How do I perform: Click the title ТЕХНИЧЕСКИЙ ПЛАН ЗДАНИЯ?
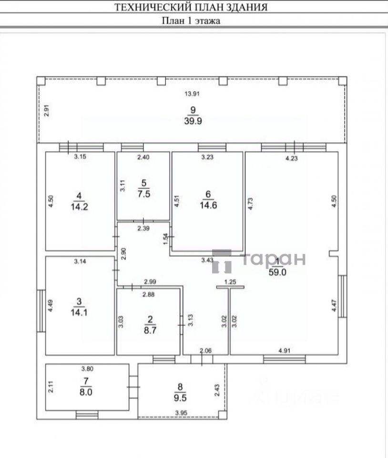pos(191,8)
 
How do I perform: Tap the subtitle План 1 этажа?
pos(191,21)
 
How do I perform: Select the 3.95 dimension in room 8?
pos(181,413)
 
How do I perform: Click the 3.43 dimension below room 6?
pos(206,260)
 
